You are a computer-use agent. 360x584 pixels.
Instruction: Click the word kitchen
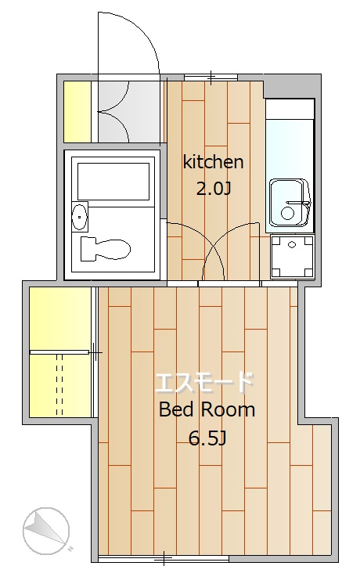tap(213, 162)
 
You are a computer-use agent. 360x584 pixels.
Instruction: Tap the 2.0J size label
tap(214, 189)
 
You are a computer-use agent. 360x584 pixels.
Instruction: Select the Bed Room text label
tap(207, 410)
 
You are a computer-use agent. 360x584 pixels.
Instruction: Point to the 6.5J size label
tap(207, 438)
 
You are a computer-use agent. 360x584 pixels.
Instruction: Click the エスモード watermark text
tap(204, 382)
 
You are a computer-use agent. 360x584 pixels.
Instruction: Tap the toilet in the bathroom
tap(106, 248)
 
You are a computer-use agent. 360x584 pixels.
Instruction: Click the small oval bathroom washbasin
tap(79, 217)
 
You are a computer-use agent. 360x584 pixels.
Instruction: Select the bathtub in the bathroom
tap(113, 181)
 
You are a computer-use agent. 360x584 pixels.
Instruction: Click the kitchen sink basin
tap(290, 204)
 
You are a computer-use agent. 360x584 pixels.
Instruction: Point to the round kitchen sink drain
tap(288, 213)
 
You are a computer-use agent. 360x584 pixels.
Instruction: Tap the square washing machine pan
tap(292, 257)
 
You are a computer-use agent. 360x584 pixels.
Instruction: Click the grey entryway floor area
tap(130, 112)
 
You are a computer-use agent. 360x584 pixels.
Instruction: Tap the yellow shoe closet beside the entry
tap(77, 112)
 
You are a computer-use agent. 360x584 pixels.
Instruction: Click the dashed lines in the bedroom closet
tap(59, 384)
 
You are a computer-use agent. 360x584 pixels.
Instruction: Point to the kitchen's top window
tap(211, 78)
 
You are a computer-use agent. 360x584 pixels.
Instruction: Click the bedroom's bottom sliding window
tap(164, 559)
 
